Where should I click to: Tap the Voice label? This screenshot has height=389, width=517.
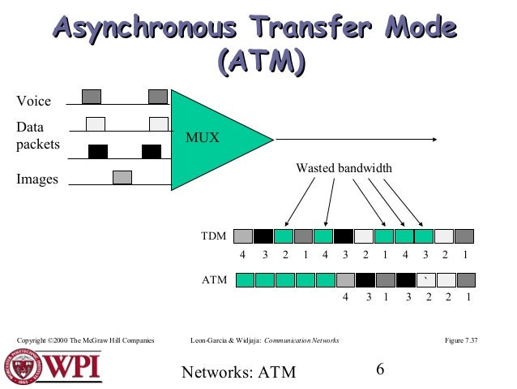click(x=34, y=102)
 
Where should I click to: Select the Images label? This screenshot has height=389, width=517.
click(x=37, y=179)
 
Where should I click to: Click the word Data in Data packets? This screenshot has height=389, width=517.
click(x=31, y=128)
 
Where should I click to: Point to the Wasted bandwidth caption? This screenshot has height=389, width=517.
click(x=344, y=168)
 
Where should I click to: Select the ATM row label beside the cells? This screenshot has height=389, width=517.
click(x=212, y=280)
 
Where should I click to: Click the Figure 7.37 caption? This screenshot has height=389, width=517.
click(x=462, y=339)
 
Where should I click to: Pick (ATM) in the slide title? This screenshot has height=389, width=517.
click(x=261, y=61)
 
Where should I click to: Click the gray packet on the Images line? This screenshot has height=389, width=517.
click(x=122, y=176)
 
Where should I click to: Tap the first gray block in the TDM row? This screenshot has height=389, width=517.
click(x=243, y=236)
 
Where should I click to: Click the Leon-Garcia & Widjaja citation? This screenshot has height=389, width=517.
click(x=263, y=339)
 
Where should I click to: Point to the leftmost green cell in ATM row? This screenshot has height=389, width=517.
click(x=245, y=280)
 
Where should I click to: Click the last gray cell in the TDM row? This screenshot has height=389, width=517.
click(x=464, y=236)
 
